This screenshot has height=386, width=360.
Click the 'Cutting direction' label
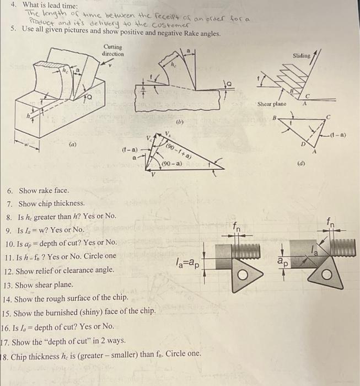tap(114, 51)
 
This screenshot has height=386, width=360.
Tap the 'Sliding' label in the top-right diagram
tap(302, 56)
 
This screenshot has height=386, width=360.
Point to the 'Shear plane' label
tap(271, 104)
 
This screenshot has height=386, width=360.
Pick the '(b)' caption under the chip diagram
tap(180, 122)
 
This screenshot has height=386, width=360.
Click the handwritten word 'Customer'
tap(171, 26)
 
